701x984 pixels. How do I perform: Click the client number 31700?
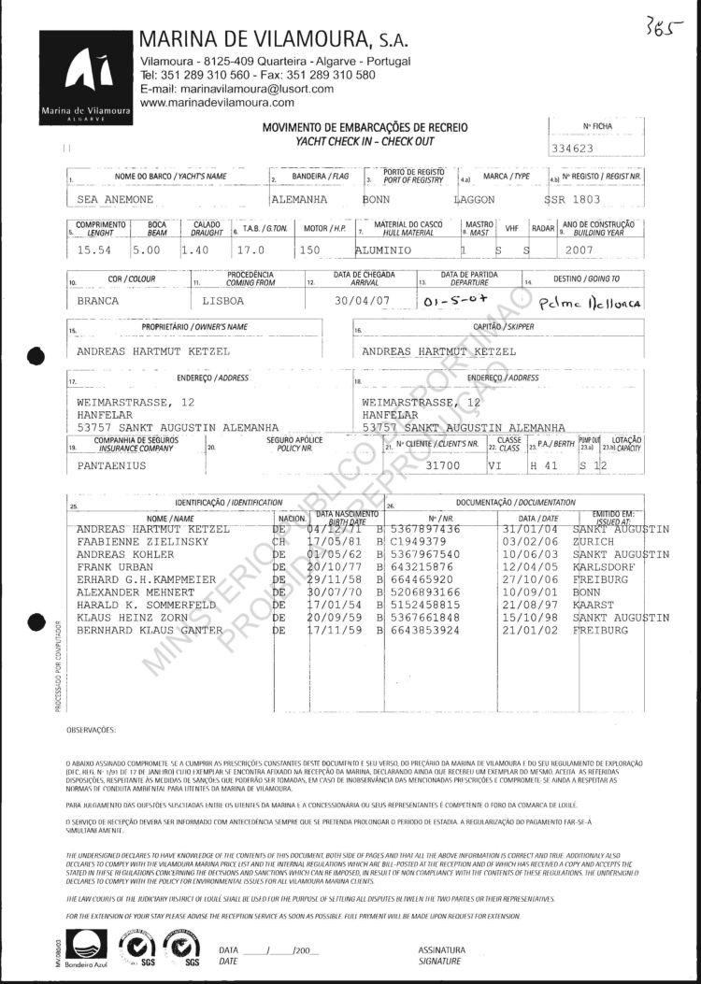click(x=443, y=463)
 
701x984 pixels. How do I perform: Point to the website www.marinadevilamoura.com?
click(x=216, y=102)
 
